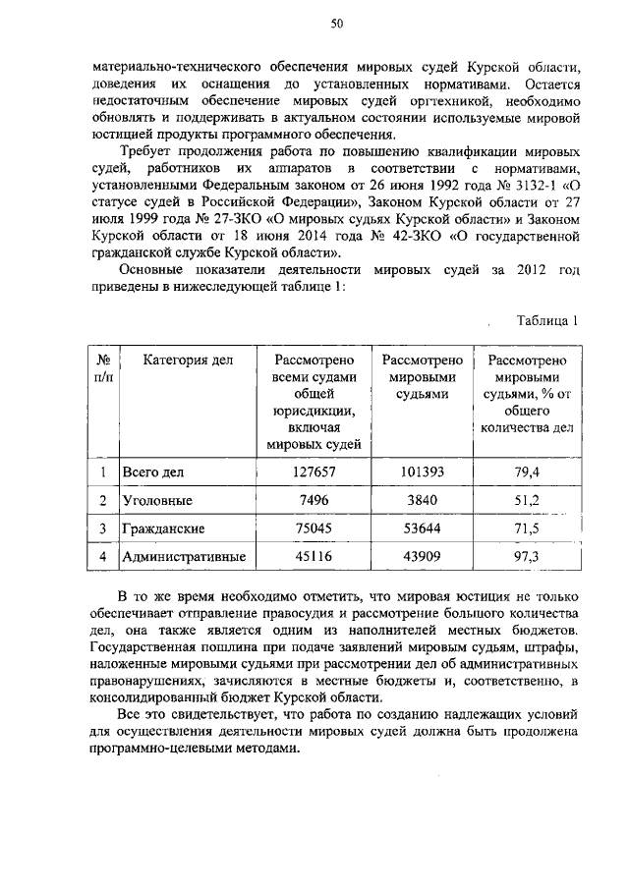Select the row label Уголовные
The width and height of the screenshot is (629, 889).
[156, 500]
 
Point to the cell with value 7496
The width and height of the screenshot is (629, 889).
[314, 500]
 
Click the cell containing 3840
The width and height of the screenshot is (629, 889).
[423, 500]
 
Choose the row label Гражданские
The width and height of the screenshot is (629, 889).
[163, 528]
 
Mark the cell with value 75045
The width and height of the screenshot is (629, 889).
[314, 528]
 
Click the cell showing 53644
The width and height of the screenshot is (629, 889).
[423, 528]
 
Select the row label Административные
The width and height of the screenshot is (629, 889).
[183, 557]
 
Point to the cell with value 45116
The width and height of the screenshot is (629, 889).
[314, 557]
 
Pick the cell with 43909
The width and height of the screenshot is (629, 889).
[423, 557]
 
